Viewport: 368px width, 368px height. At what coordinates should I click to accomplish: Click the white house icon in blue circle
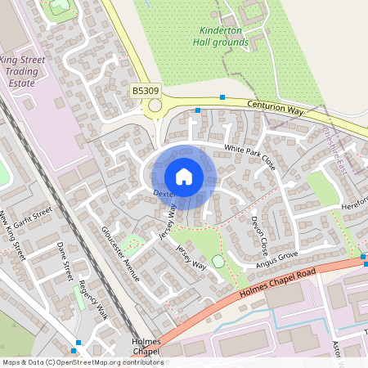click(x=184, y=176)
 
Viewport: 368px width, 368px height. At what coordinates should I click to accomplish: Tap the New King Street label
click(x=13, y=236)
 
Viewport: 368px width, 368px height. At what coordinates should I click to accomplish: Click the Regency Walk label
click(x=92, y=300)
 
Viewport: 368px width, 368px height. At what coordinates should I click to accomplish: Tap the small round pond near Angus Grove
click(x=218, y=261)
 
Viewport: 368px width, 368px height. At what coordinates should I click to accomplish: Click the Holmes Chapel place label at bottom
click(x=146, y=346)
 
